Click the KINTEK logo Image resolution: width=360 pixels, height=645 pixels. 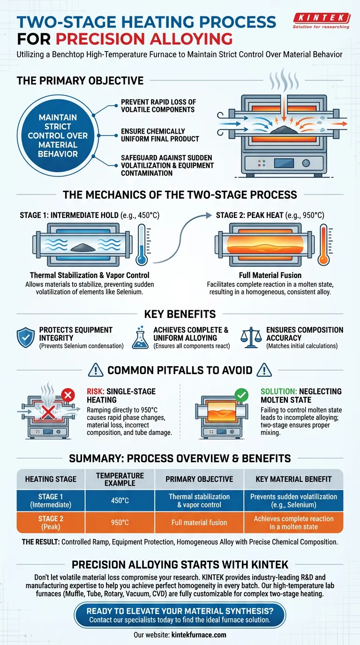[321, 21]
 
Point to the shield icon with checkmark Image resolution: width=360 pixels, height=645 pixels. [25, 337]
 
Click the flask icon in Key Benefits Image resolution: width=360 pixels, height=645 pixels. [140, 337]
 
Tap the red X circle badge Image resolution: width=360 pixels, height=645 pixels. [68, 395]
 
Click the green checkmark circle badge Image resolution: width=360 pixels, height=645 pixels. [242, 395]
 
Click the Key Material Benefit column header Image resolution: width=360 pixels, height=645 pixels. [294, 479]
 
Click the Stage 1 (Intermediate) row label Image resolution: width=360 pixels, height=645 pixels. [51, 501]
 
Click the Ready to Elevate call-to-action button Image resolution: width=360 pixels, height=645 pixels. [180, 615]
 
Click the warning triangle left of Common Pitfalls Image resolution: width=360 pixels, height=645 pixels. [95, 370]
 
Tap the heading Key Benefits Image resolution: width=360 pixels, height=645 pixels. [180, 314]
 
